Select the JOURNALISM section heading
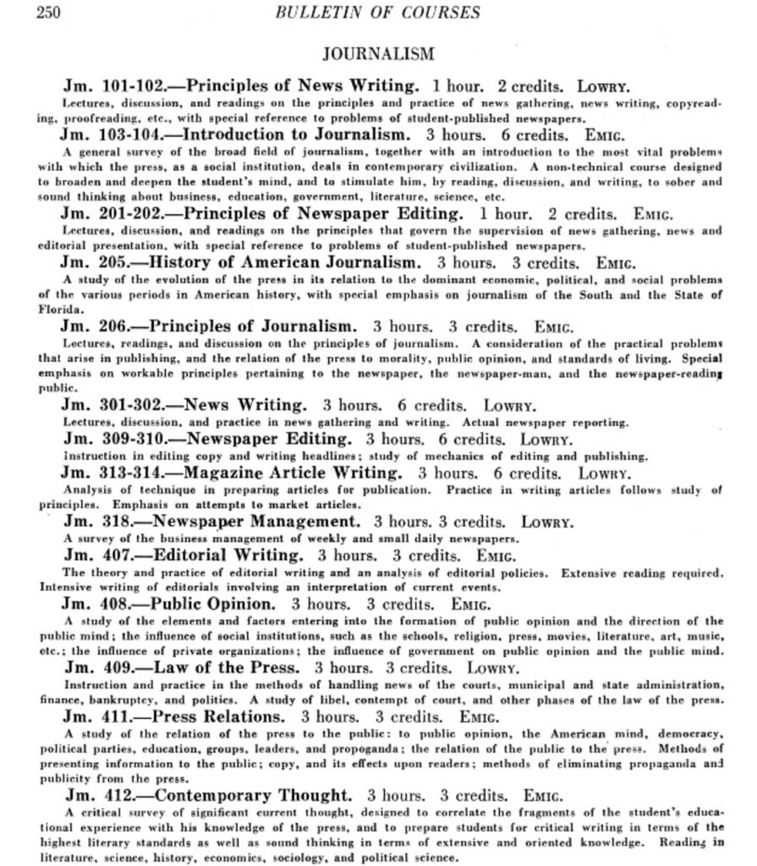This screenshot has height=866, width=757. pos(379,54)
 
